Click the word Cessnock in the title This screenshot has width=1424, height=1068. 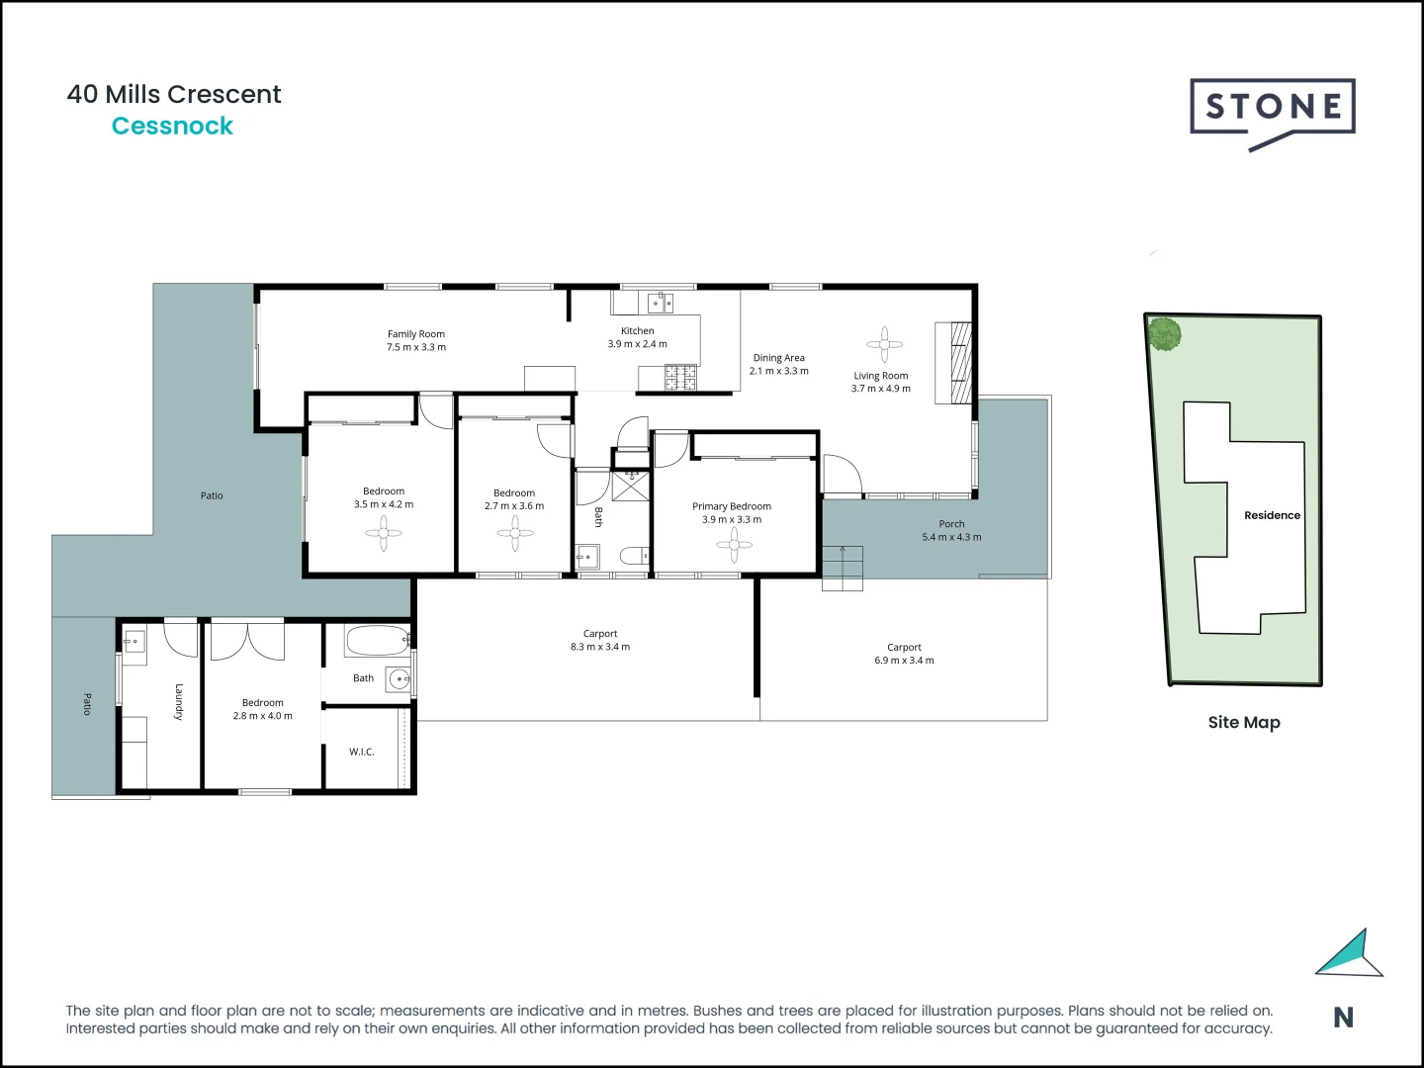pyautogui.click(x=172, y=126)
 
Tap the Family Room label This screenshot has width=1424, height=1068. pyautogui.click(x=415, y=334)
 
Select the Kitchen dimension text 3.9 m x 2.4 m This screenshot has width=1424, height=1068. pyautogui.click(x=637, y=344)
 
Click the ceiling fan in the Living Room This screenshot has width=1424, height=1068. pyautogui.click(x=884, y=344)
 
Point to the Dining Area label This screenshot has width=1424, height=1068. pyautogui.click(x=778, y=358)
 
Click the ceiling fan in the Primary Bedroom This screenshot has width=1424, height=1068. pyautogui.click(x=734, y=544)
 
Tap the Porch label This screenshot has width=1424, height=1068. pyautogui.click(x=951, y=524)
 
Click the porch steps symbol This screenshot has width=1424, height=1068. pyautogui.click(x=843, y=569)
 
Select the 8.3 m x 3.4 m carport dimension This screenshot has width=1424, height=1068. pyautogui.click(x=599, y=647)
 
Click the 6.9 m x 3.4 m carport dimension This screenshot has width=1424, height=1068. pyautogui.click(x=904, y=661)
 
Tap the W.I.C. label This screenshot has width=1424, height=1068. pyautogui.click(x=362, y=752)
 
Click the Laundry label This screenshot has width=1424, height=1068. pyautogui.click(x=179, y=701)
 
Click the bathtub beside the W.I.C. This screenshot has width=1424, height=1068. pyautogui.click(x=377, y=641)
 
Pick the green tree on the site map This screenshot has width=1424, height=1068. pyautogui.click(x=1165, y=334)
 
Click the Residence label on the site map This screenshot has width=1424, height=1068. pyautogui.click(x=1272, y=515)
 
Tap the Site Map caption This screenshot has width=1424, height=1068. pyautogui.click(x=1244, y=722)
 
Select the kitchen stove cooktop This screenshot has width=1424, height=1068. pyautogui.click(x=680, y=378)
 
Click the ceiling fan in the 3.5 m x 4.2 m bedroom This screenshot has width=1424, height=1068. pyautogui.click(x=384, y=534)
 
